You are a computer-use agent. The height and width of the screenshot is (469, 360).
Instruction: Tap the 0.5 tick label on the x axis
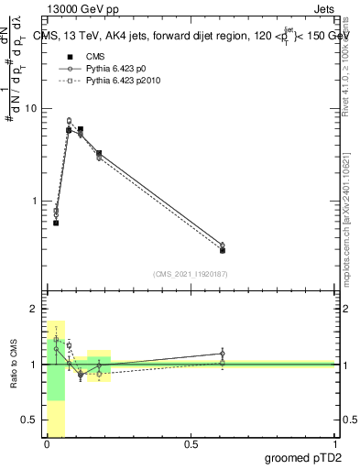[x=191, y=445]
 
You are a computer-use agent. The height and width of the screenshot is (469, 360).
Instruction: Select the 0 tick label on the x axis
[x=47, y=445]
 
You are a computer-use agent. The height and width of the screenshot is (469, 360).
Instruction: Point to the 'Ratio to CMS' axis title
[x=13, y=364]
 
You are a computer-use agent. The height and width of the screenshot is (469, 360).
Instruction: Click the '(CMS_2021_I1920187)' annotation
[x=190, y=273]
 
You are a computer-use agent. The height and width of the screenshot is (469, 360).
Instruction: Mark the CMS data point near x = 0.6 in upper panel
[x=223, y=250]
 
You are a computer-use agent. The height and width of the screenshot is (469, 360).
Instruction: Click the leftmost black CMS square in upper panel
[x=56, y=223]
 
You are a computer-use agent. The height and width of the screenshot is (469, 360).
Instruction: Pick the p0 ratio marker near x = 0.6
[x=223, y=354]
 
